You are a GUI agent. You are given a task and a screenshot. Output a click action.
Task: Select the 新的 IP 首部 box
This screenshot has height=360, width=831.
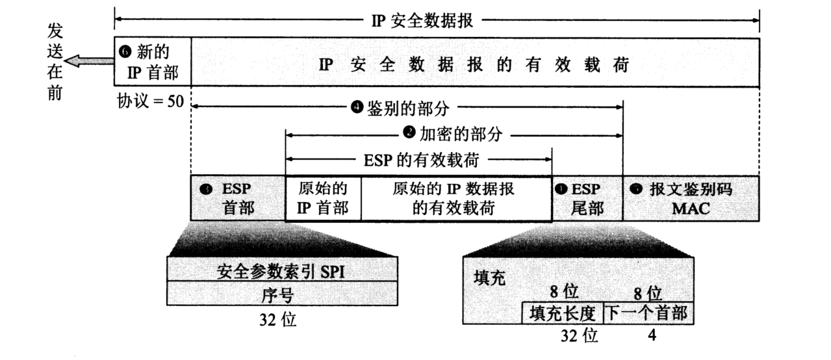(152, 63)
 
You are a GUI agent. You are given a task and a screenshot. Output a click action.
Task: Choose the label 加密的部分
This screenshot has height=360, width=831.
(453, 134)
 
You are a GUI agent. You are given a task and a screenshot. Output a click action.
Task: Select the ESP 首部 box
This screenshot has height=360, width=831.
(238, 198)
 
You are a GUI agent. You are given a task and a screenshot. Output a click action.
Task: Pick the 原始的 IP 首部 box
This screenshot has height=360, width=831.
(323, 198)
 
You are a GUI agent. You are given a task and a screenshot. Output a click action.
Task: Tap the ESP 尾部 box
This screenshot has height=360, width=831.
(587, 198)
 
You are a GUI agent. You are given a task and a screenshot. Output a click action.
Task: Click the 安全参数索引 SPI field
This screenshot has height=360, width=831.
(281, 272)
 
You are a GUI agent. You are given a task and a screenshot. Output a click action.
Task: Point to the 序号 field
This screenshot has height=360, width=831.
(281, 294)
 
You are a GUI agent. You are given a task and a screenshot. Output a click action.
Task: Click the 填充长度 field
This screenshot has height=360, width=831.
(563, 313)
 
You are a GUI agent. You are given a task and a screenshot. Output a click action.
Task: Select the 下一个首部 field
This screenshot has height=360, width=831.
(648, 313)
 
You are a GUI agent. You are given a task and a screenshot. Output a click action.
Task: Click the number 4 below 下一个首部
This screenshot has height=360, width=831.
(652, 337)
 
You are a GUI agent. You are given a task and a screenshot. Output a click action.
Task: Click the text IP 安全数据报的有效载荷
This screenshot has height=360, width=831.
(475, 65)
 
